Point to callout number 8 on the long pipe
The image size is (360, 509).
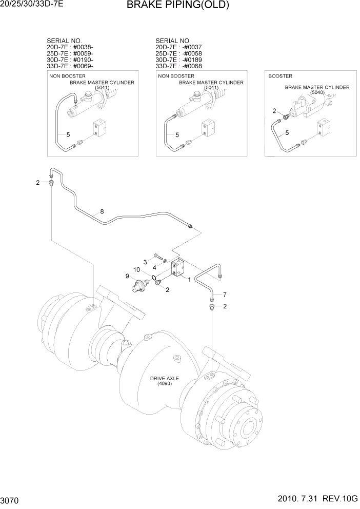(102, 211)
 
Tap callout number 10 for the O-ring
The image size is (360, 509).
(137, 270)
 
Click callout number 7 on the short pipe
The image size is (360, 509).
(224, 295)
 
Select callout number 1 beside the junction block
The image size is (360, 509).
(189, 280)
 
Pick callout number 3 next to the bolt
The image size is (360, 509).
(145, 262)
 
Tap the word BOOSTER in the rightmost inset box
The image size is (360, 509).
(280, 76)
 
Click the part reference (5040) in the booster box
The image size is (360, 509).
(317, 93)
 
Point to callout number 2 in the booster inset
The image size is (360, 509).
(274, 111)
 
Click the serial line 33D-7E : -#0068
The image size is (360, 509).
(178, 66)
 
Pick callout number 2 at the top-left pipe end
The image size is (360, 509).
(37, 182)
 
